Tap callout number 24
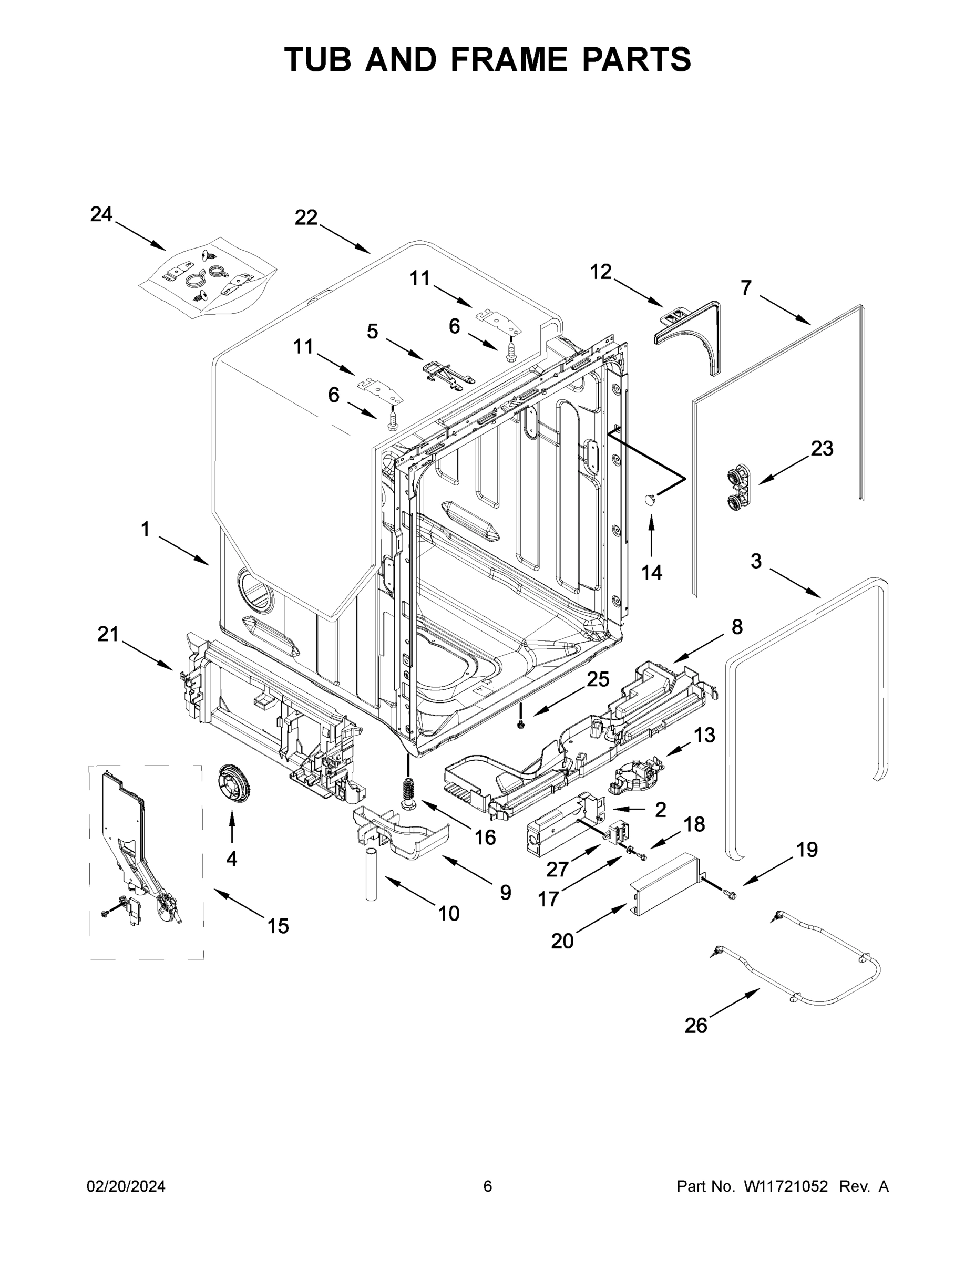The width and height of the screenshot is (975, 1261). pos(101,214)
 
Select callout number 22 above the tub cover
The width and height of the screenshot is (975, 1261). pos(306,218)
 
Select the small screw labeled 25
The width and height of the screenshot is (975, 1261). pos(521,724)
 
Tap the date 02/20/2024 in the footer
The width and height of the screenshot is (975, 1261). pos(126,1186)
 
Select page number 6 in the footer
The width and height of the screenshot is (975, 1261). pos(488,1186)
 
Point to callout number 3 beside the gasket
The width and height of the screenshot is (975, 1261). pos(755,561)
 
